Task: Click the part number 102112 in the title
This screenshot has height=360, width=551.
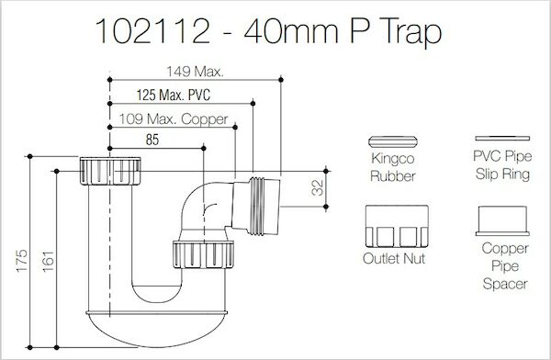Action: (153, 31)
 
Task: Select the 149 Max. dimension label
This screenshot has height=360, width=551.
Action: (195, 72)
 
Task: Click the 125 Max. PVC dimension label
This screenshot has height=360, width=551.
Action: (174, 95)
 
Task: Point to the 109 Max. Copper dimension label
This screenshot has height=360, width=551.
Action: (174, 119)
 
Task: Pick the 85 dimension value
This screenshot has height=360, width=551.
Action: (152, 140)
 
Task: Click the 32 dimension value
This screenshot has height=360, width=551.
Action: (318, 187)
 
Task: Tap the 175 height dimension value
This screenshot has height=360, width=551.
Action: (21, 261)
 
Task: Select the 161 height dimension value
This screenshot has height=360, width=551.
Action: (48, 261)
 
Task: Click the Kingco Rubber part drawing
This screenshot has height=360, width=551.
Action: (392, 141)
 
